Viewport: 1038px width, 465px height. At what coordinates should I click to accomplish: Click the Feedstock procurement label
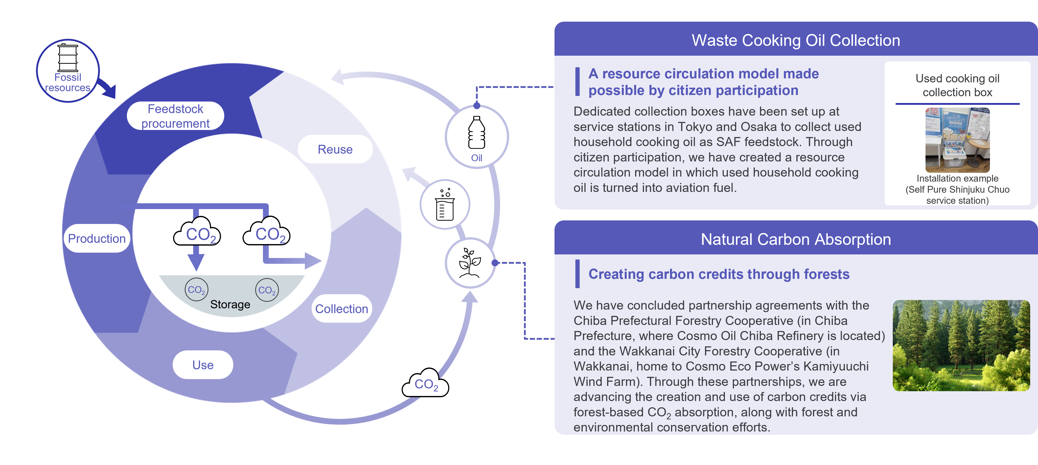[175, 116]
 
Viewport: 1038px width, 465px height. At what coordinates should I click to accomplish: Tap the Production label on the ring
[97, 238]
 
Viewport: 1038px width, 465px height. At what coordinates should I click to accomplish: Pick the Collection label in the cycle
[341, 309]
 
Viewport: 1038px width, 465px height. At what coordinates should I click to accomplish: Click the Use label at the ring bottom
[203, 365]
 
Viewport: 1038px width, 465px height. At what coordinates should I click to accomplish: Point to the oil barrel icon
[68, 58]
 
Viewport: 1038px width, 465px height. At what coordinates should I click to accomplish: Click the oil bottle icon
[477, 132]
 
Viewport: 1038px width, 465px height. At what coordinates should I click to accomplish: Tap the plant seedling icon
[470, 263]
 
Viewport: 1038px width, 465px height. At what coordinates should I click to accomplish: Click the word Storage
[230, 305]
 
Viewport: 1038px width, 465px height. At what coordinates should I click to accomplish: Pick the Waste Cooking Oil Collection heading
[796, 40]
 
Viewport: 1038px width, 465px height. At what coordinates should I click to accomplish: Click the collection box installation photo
[957, 140]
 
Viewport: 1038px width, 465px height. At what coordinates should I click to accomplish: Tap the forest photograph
[961, 346]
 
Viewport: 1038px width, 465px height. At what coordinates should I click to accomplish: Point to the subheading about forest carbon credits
[719, 274]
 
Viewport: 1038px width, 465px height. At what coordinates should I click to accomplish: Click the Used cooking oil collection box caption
[957, 85]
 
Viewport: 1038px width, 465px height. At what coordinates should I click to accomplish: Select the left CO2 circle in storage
[197, 290]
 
